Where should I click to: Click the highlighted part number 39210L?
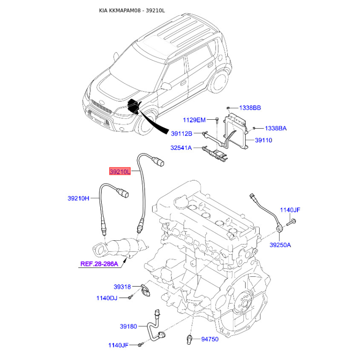coord(120,171)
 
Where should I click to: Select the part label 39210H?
coord(78,198)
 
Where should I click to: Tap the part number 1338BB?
coord(250,108)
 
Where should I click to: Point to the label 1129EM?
coord(194,120)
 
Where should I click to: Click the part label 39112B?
coord(181,134)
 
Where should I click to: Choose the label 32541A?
coord(181,148)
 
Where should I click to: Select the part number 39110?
coord(263,140)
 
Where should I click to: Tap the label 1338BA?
coord(276,128)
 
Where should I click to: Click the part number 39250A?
coord(280,245)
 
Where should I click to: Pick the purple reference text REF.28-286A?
coord(99,264)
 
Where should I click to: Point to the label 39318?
coord(122,287)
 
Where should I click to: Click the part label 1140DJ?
coord(107,298)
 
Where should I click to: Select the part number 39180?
coord(128,326)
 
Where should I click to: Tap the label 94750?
coord(210,339)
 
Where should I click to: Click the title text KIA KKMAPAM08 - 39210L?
coord(132,10)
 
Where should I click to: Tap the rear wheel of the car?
coord(220,81)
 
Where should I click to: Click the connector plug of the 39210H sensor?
coord(122,192)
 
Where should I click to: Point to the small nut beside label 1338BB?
coord(228,108)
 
